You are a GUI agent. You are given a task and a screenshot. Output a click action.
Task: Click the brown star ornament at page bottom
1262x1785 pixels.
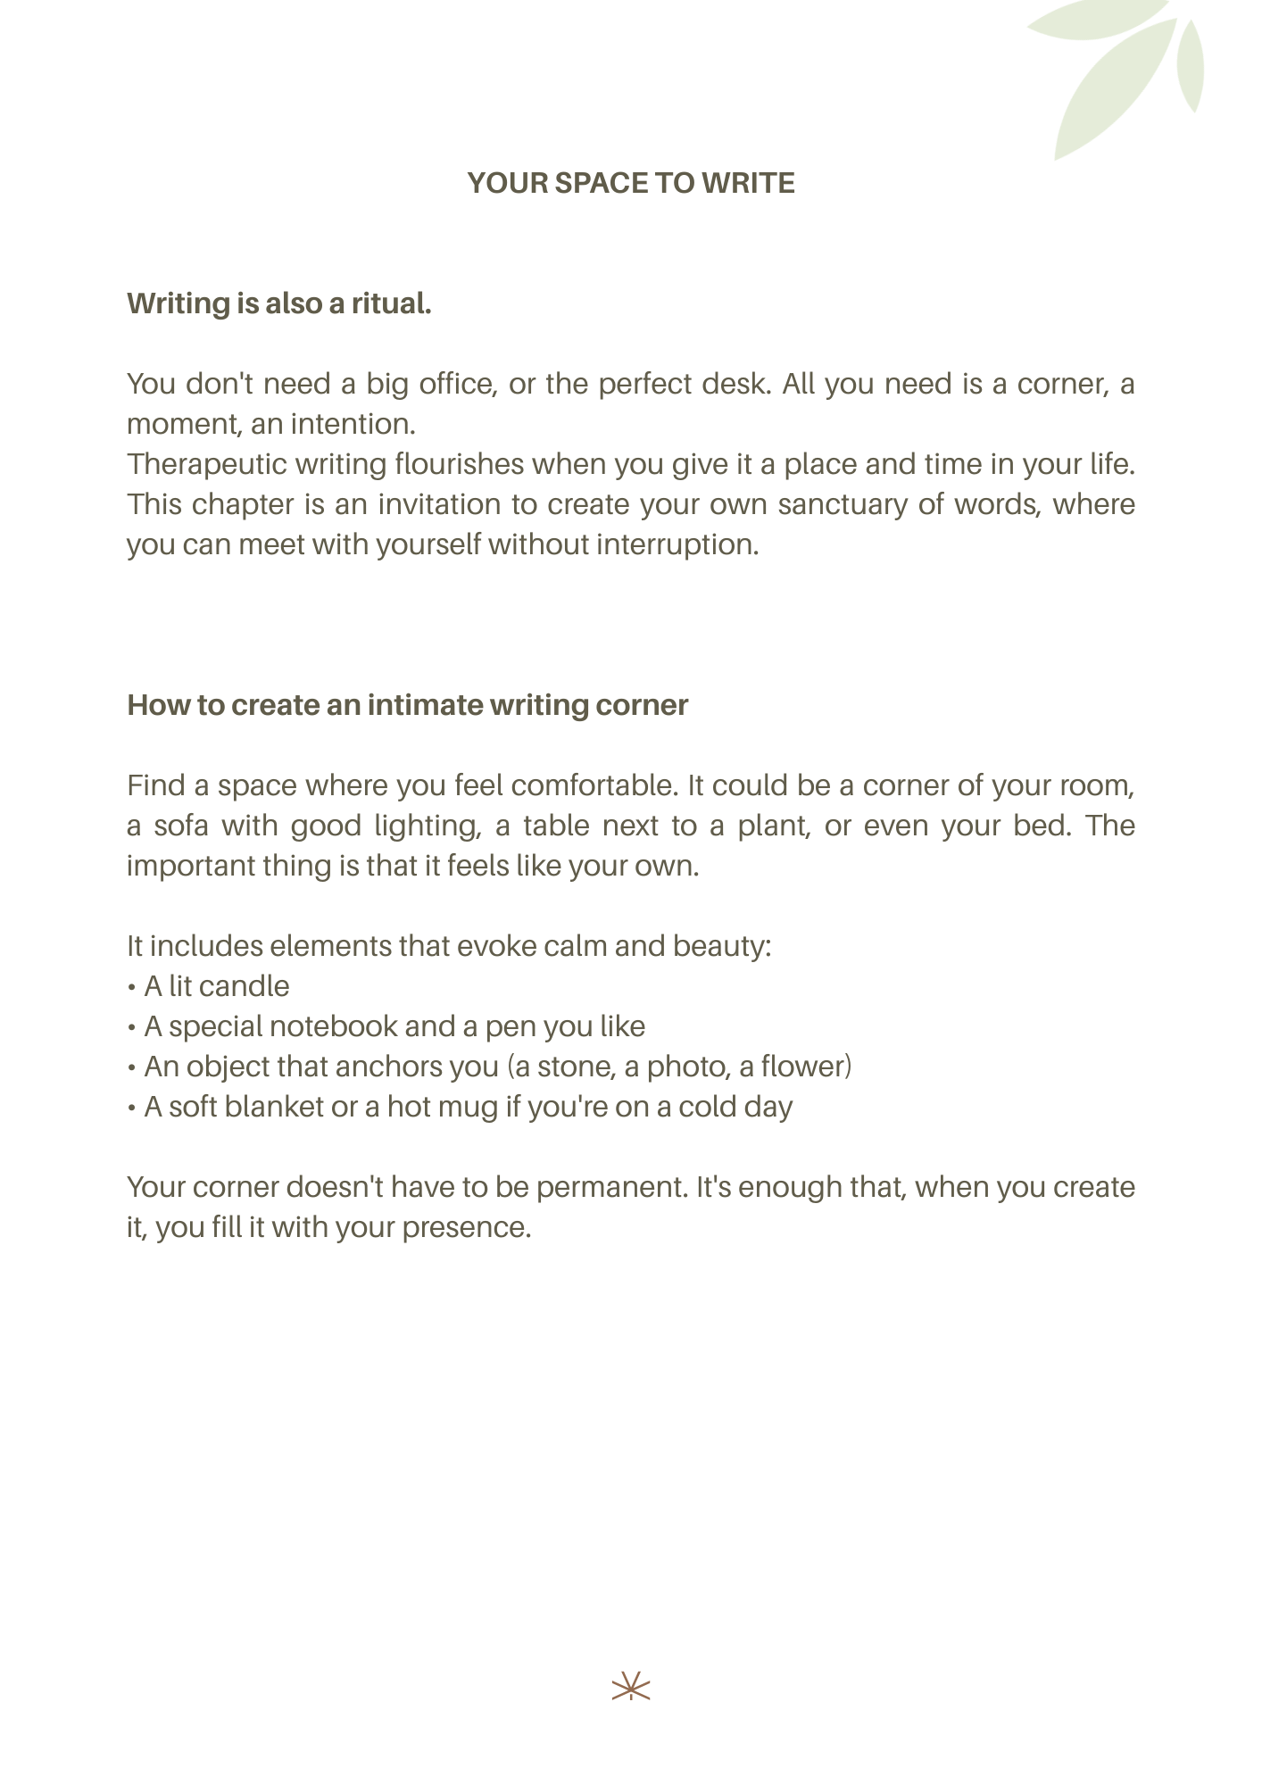pyautogui.click(x=631, y=1687)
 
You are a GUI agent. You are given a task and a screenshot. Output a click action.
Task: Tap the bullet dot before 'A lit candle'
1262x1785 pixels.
pyautogui.click(x=131, y=988)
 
